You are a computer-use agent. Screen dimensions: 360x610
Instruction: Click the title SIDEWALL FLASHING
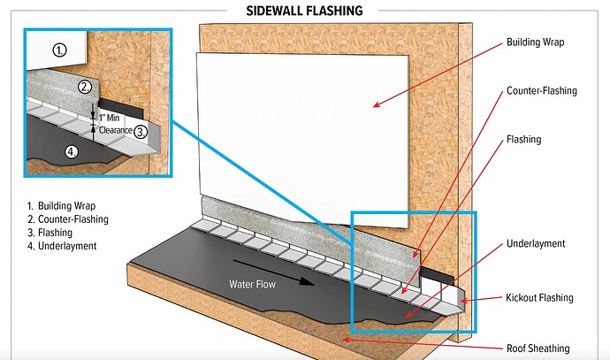coord(305,11)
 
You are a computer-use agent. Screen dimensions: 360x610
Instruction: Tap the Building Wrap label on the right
coord(536,42)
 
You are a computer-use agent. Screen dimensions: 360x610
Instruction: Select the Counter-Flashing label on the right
coord(541,91)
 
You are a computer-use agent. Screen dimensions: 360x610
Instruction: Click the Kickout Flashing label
coord(539,298)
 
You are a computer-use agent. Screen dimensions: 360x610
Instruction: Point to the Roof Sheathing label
coord(538,348)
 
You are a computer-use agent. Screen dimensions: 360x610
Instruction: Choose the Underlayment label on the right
coord(536,243)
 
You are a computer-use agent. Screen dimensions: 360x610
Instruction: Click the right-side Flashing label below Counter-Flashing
coord(523,140)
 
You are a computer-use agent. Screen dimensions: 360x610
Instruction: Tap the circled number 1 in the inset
coord(60,50)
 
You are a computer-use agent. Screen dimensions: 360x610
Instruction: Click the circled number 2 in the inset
coord(85,87)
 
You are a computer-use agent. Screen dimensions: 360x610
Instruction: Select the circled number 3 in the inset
coord(141,131)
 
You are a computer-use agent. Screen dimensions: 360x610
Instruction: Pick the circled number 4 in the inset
coord(72,151)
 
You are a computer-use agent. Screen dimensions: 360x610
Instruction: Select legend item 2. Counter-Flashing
coord(72,219)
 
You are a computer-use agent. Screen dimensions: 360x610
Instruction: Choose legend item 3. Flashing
coord(57,233)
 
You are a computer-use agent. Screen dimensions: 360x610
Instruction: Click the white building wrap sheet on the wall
coord(301,124)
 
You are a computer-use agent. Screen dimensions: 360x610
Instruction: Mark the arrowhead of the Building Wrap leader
coord(375,105)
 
